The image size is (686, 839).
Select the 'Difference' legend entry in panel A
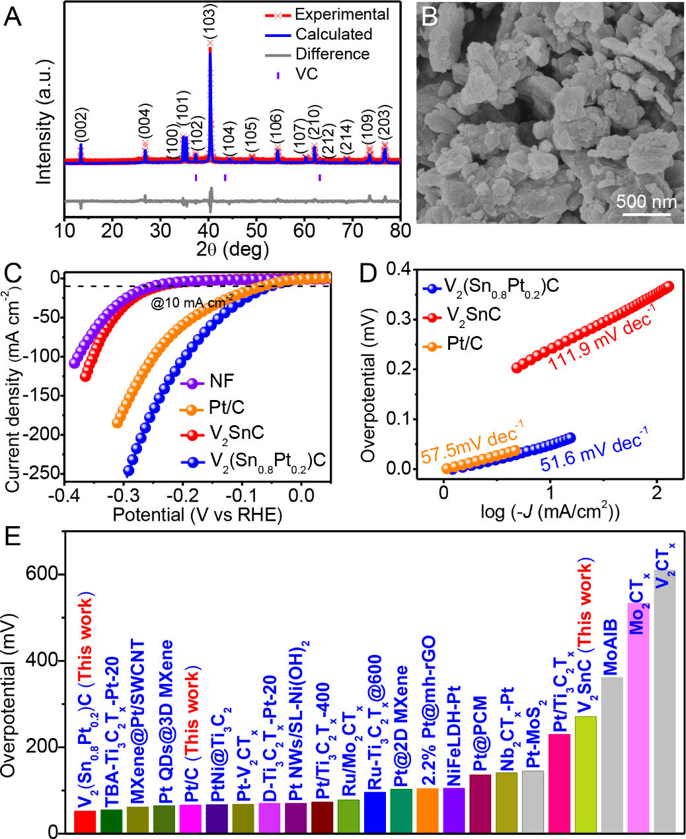point(332,54)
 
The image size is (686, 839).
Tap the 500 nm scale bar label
point(646,201)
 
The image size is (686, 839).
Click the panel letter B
point(430,17)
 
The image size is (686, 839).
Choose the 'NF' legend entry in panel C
point(221,381)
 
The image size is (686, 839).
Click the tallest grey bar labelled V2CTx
point(665,700)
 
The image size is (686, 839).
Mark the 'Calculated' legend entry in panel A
point(333,34)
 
